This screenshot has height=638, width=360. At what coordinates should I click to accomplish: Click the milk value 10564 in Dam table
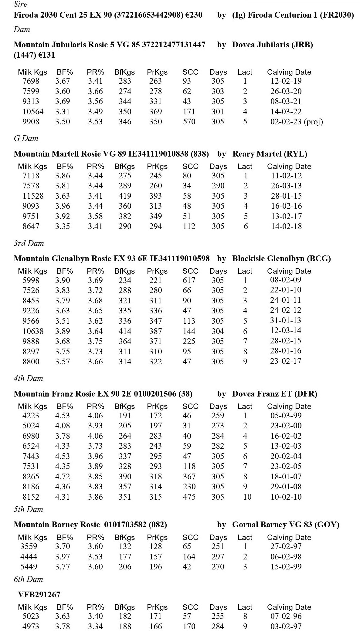click(x=33, y=112)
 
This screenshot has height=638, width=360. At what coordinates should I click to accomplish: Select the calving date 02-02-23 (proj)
click(x=296, y=122)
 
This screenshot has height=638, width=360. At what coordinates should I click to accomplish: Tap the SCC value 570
click(x=189, y=122)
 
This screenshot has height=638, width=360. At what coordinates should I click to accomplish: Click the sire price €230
click(x=194, y=15)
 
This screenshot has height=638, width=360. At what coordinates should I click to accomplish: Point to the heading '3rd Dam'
click(x=29, y=243)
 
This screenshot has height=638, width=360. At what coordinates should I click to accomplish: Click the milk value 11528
click(x=33, y=196)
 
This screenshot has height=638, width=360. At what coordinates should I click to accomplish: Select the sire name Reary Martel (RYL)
click(x=270, y=154)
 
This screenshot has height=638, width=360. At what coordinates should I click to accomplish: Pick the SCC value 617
click(x=189, y=280)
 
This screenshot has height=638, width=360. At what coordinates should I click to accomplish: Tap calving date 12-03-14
click(x=286, y=330)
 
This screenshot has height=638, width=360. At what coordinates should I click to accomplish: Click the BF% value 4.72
click(x=63, y=477)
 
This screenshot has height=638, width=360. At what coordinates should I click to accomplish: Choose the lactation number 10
click(x=247, y=497)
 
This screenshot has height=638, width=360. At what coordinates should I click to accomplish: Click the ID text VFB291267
click(x=39, y=595)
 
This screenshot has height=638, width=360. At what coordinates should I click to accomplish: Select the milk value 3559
click(x=29, y=546)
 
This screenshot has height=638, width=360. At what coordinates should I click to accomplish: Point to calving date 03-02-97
click(x=286, y=626)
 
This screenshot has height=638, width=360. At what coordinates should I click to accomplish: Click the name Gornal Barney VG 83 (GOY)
click(x=286, y=525)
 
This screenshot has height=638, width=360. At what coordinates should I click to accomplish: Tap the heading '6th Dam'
click(x=28, y=579)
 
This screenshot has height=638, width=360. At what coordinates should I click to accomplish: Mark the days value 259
click(x=218, y=416)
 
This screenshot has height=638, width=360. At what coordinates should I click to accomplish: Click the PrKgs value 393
click(x=155, y=196)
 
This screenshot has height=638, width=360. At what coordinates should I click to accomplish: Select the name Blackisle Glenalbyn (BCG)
click(x=281, y=258)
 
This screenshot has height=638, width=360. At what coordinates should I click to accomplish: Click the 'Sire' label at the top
click(x=20, y=4)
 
